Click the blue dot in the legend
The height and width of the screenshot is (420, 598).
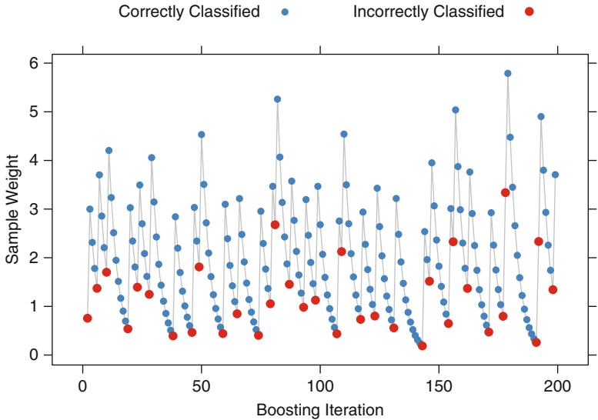pyautogui.click(x=285, y=12)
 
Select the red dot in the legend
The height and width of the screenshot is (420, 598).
pyautogui.click(x=529, y=12)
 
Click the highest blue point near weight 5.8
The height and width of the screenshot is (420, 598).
pyautogui.click(x=508, y=73)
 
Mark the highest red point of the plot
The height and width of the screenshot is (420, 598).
pyautogui.click(x=506, y=192)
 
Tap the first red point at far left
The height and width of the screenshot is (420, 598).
pyautogui.click(x=88, y=318)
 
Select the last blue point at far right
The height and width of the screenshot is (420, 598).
pyautogui.click(x=555, y=175)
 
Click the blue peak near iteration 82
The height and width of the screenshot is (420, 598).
pyautogui.click(x=277, y=99)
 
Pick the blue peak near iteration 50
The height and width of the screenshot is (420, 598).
pyautogui.click(x=202, y=135)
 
